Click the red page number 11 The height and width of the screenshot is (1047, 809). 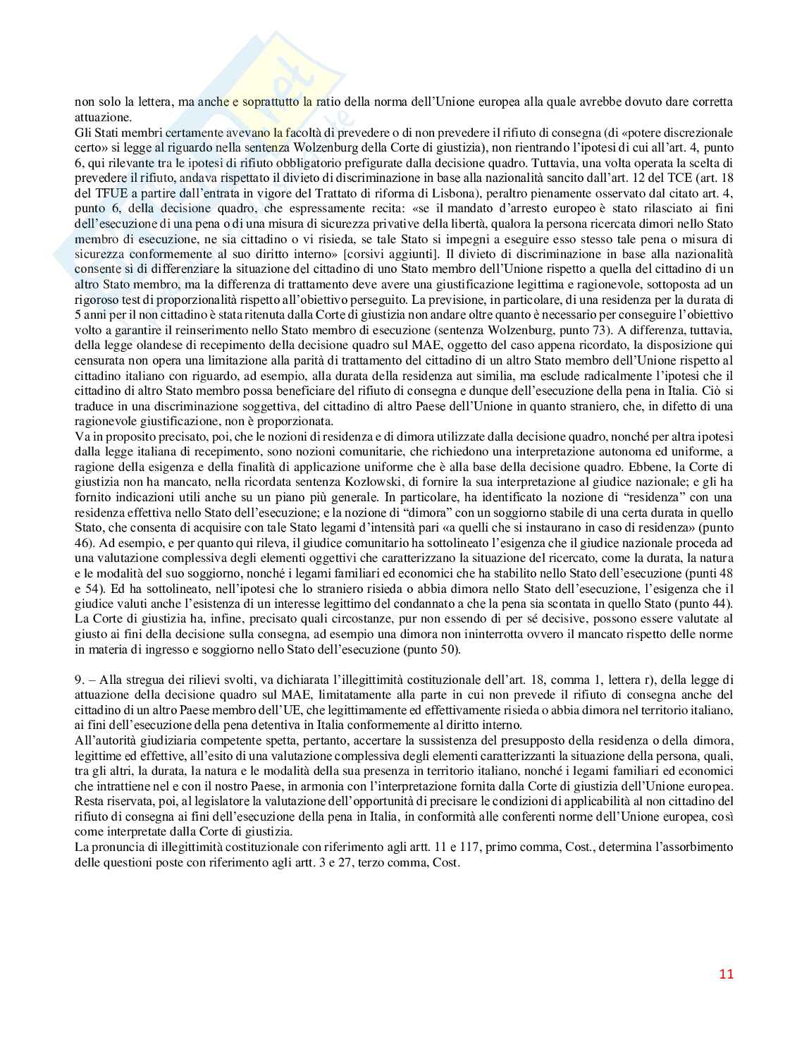pos(727,974)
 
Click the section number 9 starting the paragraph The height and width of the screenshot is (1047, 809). pos(78,680)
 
